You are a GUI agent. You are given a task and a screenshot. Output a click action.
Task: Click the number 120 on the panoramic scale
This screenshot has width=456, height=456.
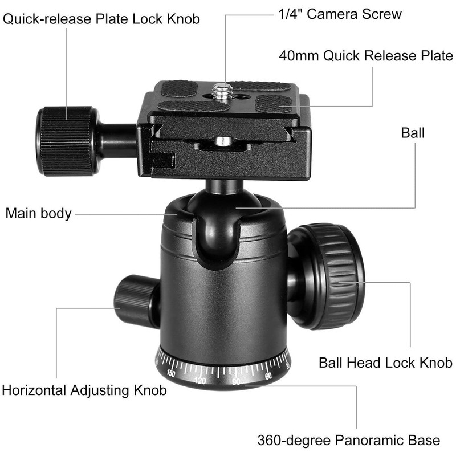pos(200,380)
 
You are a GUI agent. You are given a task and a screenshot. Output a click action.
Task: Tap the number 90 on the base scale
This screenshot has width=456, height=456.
pos(237,381)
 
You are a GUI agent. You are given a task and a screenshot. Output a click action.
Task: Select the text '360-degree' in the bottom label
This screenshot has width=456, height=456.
pos(292,441)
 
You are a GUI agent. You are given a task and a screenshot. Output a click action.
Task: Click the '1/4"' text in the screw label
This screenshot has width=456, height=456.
pos(289,14)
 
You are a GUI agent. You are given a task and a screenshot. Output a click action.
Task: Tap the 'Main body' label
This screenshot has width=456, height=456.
pos(39,214)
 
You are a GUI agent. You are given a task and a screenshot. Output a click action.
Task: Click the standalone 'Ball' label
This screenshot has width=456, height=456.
pos(413,133)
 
